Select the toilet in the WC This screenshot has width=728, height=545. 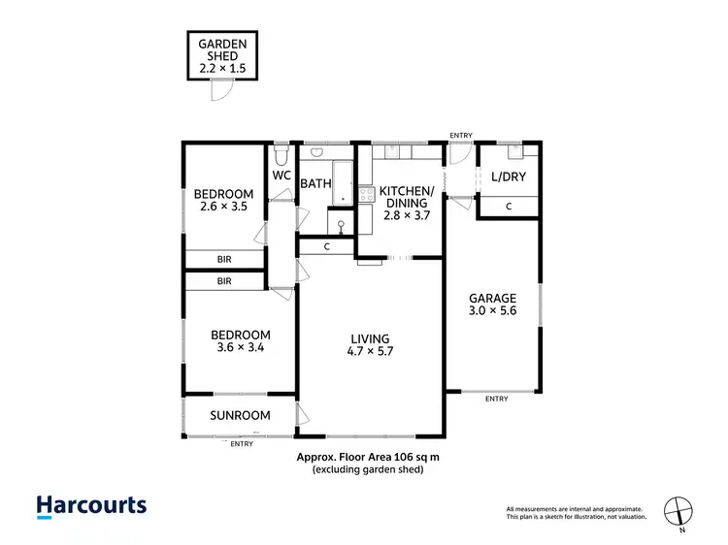click(x=280, y=155)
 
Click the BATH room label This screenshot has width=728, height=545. click(x=315, y=183)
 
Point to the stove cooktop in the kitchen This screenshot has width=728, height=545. click(x=367, y=194)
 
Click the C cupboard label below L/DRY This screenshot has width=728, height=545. click(x=510, y=207)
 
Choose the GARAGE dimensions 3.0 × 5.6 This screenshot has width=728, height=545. click(x=492, y=312)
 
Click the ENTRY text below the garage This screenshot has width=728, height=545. click(x=495, y=399)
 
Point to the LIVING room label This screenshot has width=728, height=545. click(x=370, y=338)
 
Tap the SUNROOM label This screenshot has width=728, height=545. click(x=240, y=416)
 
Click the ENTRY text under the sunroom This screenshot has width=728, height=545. click(x=241, y=443)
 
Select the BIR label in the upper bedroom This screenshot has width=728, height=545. click(x=224, y=260)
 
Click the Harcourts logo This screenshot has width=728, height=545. click(x=91, y=505)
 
